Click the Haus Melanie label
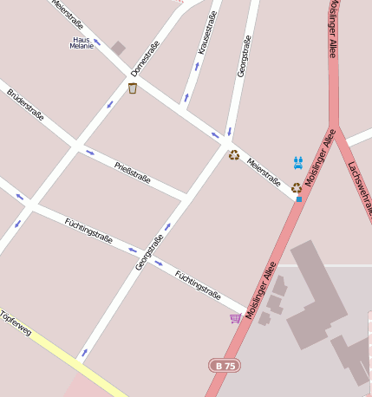(x=82, y=42)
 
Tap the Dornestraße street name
(x=145, y=58)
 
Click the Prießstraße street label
(x=133, y=172)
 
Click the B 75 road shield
(x=225, y=366)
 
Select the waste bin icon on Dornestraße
(x=133, y=88)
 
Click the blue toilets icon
(x=298, y=162)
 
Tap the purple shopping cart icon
(x=235, y=318)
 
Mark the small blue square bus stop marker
(x=299, y=199)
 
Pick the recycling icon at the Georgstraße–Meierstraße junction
(x=234, y=155)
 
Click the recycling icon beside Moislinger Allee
(x=297, y=187)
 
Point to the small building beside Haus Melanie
(x=118, y=48)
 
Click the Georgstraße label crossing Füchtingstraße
(x=149, y=252)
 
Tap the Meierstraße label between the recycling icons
(x=264, y=172)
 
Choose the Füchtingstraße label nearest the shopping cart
(x=197, y=285)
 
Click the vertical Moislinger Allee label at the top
(x=332, y=29)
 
